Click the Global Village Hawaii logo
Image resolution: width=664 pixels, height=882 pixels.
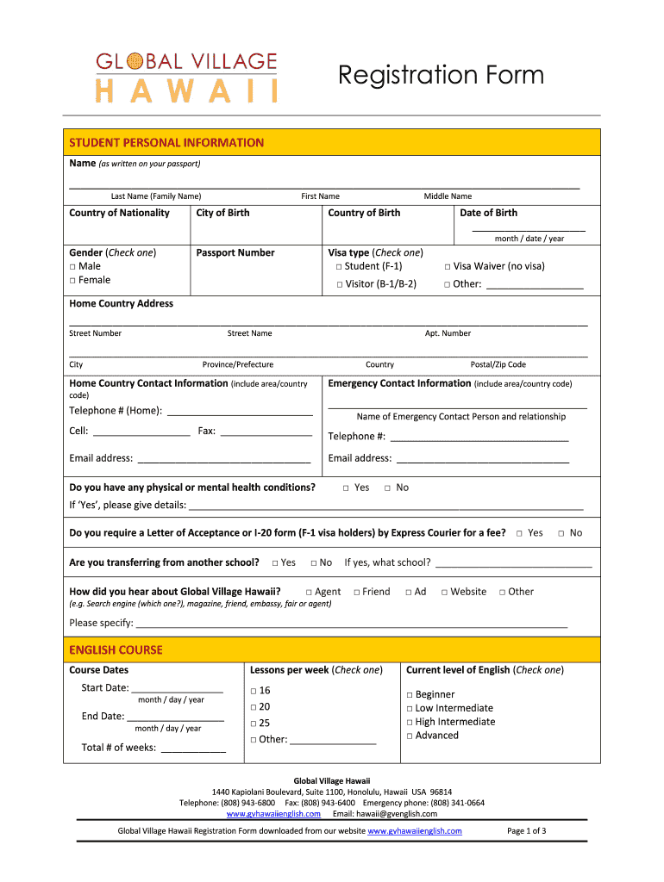pos(186,77)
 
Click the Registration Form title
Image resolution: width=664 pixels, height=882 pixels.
pos(441,76)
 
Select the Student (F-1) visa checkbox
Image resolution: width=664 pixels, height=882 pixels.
pos(340,267)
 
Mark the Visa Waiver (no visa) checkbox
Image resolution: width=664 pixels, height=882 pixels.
pos(448,267)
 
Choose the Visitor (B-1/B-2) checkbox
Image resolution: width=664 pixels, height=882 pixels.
pos(340,284)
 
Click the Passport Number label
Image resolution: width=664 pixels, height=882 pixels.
pos(235,253)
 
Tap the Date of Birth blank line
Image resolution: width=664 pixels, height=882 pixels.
pos(529,229)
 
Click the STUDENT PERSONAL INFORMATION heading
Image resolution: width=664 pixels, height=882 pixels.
pos(166,143)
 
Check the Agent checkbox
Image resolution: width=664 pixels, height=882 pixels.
pos(310,593)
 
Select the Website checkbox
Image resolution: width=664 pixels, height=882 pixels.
pos(445,593)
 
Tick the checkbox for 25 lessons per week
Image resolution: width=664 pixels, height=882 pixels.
pos(254,724)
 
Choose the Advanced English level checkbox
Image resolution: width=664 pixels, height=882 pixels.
pos(410,736)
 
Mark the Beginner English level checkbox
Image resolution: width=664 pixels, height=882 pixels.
pos(410,695)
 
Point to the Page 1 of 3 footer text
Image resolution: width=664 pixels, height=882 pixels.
pos(526,831)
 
